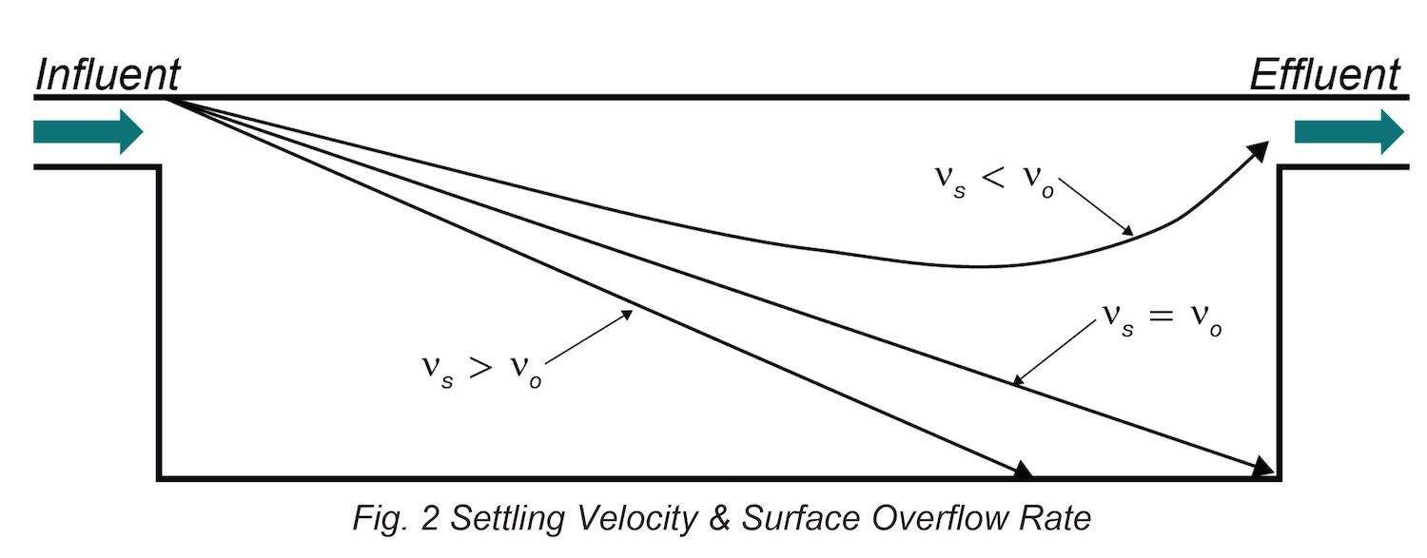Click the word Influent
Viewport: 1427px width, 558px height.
tap(108, 75)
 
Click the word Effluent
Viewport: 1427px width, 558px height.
tap(1324, 75)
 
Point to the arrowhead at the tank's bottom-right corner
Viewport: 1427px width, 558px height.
tap(1263, 466)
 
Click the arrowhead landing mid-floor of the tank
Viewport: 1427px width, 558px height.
tap(1023, 470)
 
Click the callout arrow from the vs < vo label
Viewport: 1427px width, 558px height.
tap(1096, 206)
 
